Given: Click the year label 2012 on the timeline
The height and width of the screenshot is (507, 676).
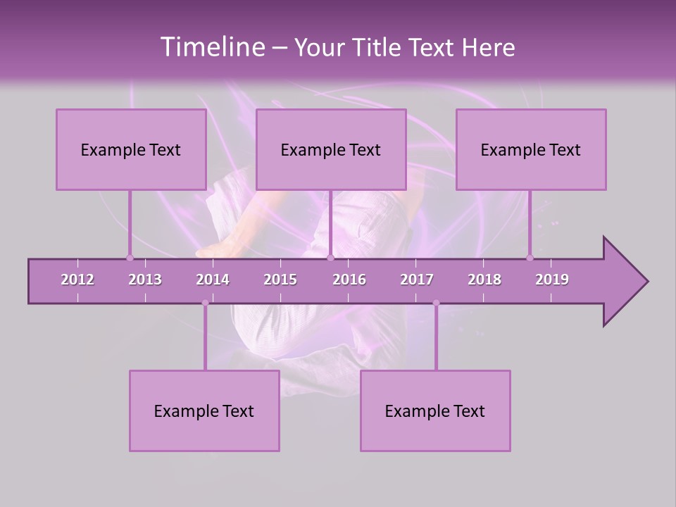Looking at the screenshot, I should click(77, 280).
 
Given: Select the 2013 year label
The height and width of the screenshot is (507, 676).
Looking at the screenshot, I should click(145, 280).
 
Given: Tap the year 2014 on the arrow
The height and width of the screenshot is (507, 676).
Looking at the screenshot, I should click(213, 280).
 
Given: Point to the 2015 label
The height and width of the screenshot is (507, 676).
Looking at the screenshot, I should click(280, 280).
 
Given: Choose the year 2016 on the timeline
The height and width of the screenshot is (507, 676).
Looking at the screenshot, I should click(349, 280).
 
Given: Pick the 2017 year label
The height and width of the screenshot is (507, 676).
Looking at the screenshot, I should click(417, 280).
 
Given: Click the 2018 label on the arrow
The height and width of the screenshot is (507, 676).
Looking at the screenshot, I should click(484, 280).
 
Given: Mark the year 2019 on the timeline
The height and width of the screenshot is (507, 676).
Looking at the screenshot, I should click(552, 280).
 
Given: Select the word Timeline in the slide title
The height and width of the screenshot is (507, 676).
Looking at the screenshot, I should click(211, 47).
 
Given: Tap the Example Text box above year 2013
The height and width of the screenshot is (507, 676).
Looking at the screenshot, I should click(131, 149).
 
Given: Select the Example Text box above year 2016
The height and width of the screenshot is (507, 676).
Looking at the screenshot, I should click(331, 149).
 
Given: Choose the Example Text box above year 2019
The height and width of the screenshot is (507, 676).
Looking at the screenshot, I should click(531, 149).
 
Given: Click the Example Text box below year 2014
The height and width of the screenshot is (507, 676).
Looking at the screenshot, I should click(204, 411).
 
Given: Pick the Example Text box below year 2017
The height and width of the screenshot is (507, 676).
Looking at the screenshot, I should click(435, 411).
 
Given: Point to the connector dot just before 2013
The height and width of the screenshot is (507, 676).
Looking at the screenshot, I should click(130, 258).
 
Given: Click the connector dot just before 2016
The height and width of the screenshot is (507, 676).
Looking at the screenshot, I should click(330, 258).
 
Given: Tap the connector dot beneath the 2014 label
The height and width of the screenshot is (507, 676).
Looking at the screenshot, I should click(205, 303).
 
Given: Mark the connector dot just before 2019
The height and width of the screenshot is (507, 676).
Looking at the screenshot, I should click(530, 258).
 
